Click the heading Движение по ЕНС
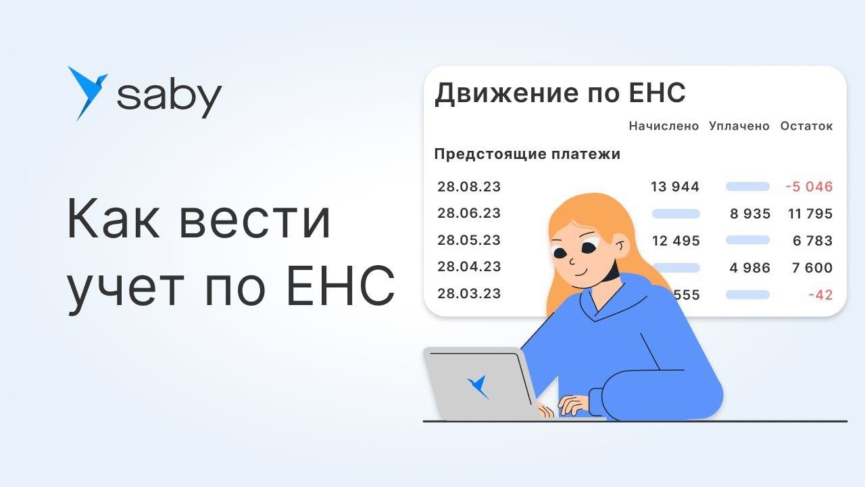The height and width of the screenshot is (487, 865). pos(560,93)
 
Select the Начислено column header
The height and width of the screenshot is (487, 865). pos(664,126)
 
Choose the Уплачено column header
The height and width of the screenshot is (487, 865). pos(739,126)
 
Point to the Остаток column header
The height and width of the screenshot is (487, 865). pos(806,126)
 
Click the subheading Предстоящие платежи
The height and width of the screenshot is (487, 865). pos(527,154)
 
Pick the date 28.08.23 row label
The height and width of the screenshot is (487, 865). pos(469,187)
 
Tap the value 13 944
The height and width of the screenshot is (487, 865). pos(675,187)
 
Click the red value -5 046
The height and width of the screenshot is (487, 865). pos(809,187)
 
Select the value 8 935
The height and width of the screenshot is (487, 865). pos(750,214)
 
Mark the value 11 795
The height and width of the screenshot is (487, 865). pos(810,214)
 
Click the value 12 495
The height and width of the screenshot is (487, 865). pos(676,241)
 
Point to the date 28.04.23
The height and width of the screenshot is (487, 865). pos(469,266)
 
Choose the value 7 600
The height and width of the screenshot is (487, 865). pos(812,268)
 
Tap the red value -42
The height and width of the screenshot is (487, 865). pos(820,295)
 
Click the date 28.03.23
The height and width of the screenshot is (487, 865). pos(469,294)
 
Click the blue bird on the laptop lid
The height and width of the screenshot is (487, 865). pos(478,387)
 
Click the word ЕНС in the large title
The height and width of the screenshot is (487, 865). pos(341,285)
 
